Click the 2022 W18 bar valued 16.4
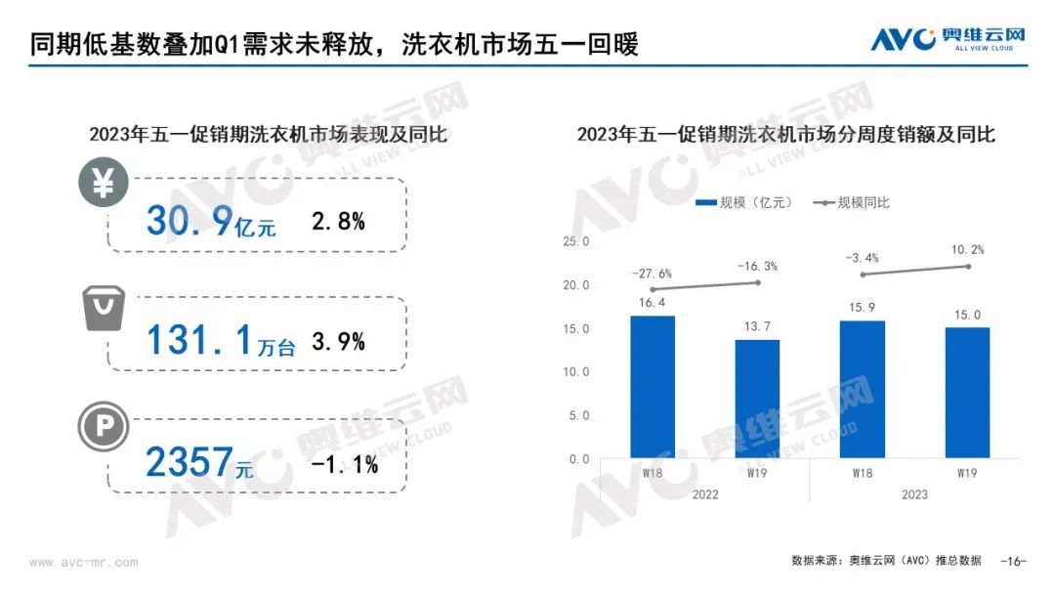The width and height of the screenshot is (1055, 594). [652, 387]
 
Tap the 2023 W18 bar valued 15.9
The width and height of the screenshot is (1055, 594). [862, 389]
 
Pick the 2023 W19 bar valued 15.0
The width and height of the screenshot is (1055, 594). [967, 393]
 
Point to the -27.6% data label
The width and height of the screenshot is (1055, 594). [652, 275]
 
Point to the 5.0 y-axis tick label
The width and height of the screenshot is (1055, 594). [578, 415]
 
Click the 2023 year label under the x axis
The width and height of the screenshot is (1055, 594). [914, 494]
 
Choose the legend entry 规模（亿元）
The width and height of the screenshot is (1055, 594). [742, 202]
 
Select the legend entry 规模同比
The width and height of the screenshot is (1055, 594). [850, 202]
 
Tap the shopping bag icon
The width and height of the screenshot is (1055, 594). [103, 308]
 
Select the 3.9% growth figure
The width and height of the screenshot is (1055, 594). [338, 341]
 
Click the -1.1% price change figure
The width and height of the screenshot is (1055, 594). [344, 465]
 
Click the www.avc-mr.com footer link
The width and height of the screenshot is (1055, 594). [84, 563]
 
